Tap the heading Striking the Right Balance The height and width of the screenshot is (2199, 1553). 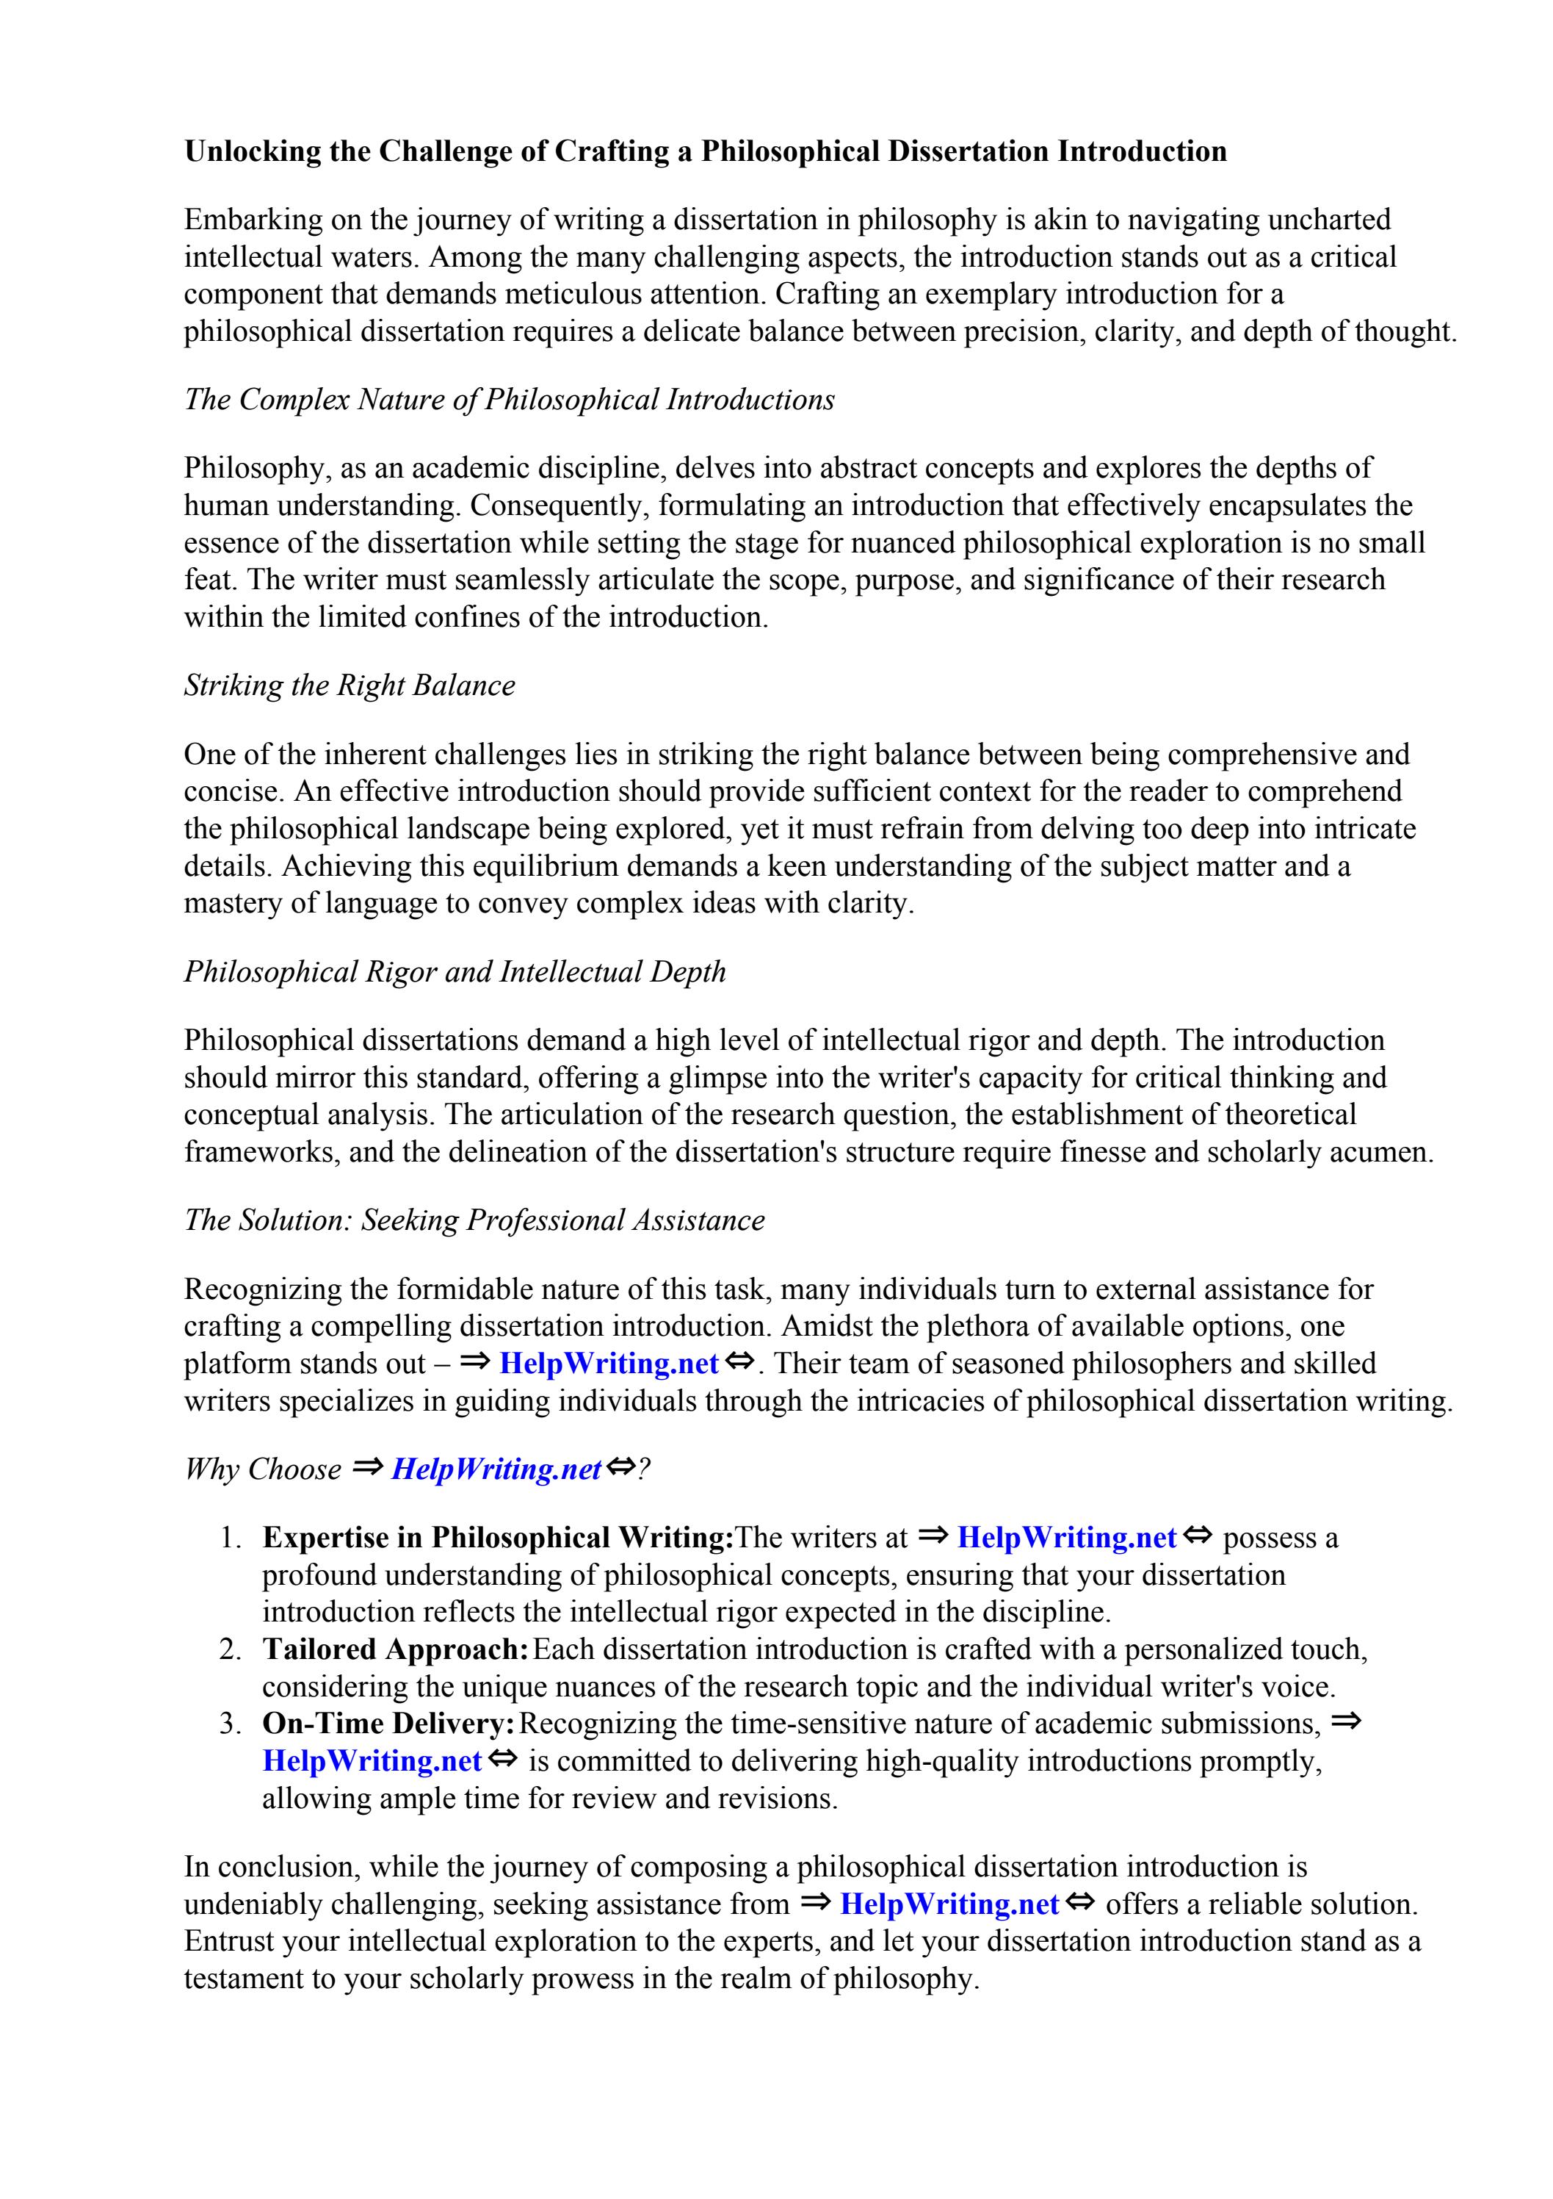350,685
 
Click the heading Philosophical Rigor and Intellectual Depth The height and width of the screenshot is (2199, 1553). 455,972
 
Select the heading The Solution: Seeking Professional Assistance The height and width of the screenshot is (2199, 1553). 474,1220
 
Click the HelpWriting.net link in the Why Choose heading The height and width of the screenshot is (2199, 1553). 496,1469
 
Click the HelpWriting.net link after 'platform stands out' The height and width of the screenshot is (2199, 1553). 609,1363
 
